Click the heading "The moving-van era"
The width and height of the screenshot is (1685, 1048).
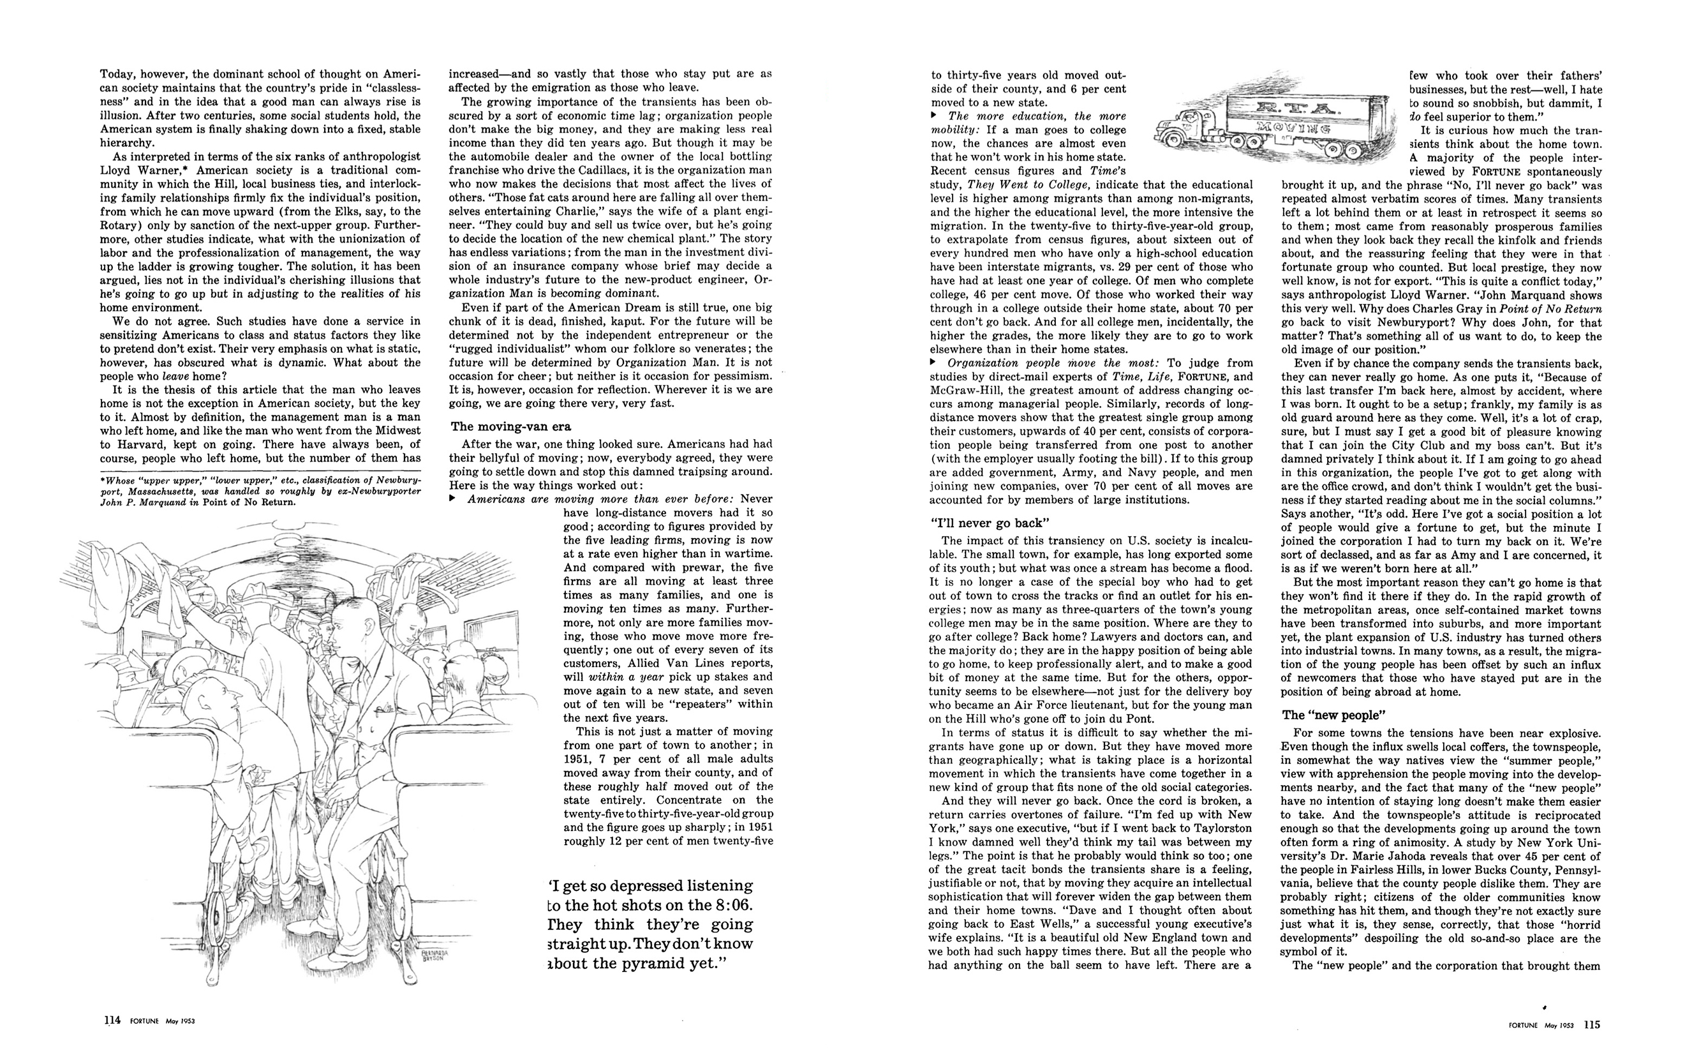[511, 426]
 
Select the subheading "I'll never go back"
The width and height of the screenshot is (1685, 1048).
[989, 523]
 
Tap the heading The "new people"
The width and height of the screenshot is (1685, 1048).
[1330, 715]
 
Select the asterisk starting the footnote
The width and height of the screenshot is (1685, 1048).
[103, 479]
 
